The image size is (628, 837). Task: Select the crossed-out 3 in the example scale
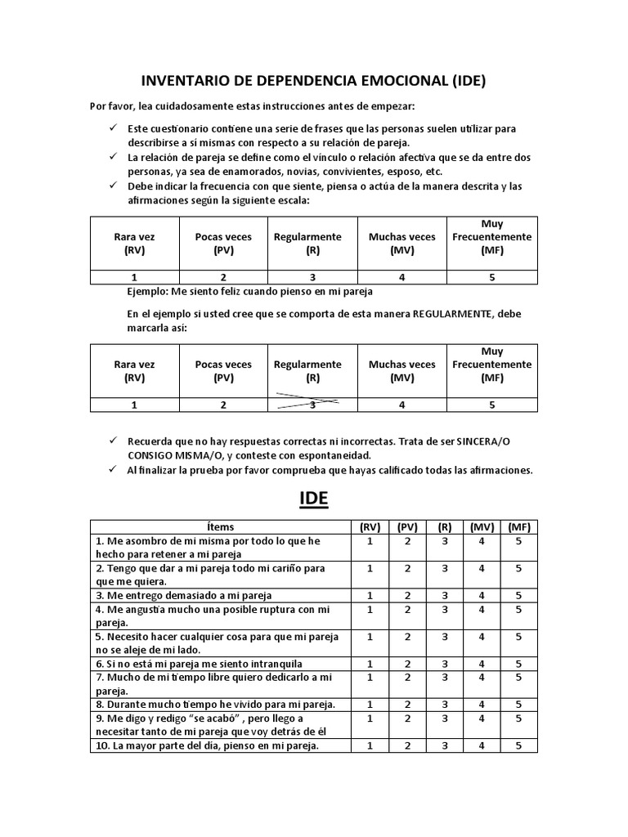312,405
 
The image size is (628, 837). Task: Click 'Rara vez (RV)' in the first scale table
134,243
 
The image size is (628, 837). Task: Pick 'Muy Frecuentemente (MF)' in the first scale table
492,237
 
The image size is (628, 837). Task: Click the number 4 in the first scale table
401,277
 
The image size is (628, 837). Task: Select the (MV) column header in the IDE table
482,527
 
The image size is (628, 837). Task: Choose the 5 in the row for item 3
518,595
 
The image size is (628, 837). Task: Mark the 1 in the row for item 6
369,664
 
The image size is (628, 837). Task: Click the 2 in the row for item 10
406,745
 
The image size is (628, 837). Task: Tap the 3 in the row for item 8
444,704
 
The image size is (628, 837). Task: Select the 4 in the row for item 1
482,541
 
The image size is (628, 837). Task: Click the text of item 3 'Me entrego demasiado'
184,595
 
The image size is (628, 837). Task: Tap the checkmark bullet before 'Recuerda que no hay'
113,441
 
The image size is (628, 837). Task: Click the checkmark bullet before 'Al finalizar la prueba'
113,469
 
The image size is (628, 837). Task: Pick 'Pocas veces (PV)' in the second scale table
223,371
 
